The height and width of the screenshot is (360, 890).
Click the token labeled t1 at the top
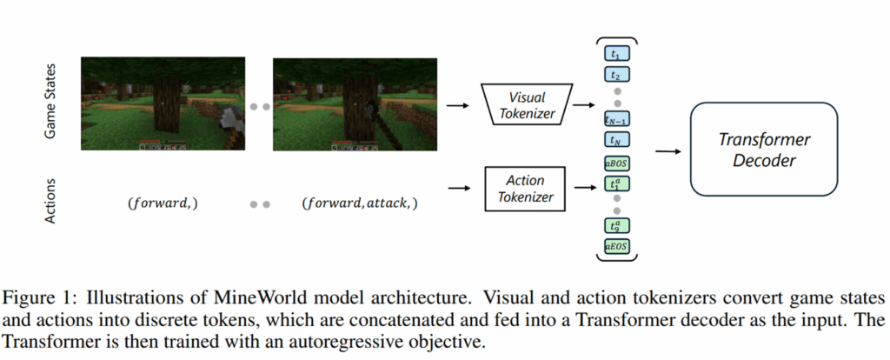point(615,53)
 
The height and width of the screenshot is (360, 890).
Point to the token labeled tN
point(615,139)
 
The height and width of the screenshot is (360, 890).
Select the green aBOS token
point(615,162)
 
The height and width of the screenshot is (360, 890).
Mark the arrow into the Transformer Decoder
point(667,151)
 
